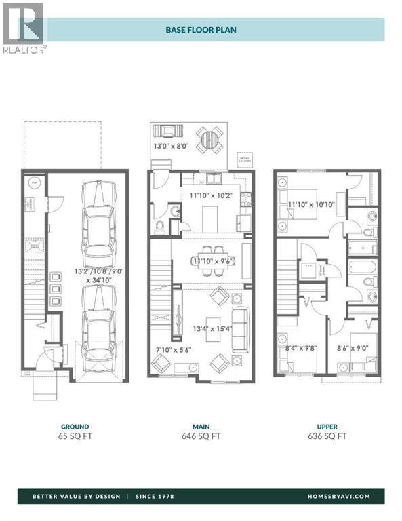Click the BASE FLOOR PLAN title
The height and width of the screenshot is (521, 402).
coord(201,30)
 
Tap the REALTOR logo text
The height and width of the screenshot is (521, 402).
coord(25,50)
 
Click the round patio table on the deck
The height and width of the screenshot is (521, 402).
coord(209,139)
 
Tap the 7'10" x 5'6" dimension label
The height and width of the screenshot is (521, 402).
coord(173,351)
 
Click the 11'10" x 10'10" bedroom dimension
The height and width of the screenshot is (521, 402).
coord(311,204)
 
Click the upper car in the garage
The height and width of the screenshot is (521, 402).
coord(99,226)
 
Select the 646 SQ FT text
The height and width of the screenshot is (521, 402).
coord(201,437)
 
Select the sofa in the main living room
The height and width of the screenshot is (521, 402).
coord(239,329)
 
